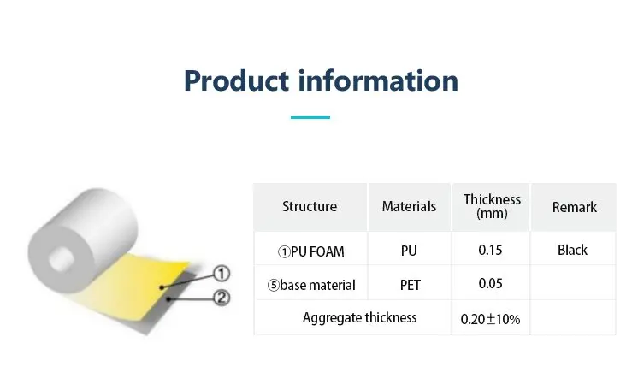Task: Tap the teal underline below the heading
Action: click(310, 117)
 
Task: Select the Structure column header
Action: click(310, 206)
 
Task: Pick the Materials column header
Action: click(409, 206)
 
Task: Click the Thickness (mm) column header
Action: click(492, 206)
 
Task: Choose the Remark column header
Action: click(574, 207)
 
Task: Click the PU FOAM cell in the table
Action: click(309, 251)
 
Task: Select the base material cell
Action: click(310, 285)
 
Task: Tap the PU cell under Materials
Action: click(409, 251)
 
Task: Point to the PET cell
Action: click(409, 285)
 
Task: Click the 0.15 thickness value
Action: click(491, 251)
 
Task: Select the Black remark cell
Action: click(572, 251)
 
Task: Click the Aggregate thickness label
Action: click(359, 318)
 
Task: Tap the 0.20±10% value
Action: click(490, 319)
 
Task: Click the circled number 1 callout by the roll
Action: click(221, 274)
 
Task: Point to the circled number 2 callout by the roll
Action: click(221, 298)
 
